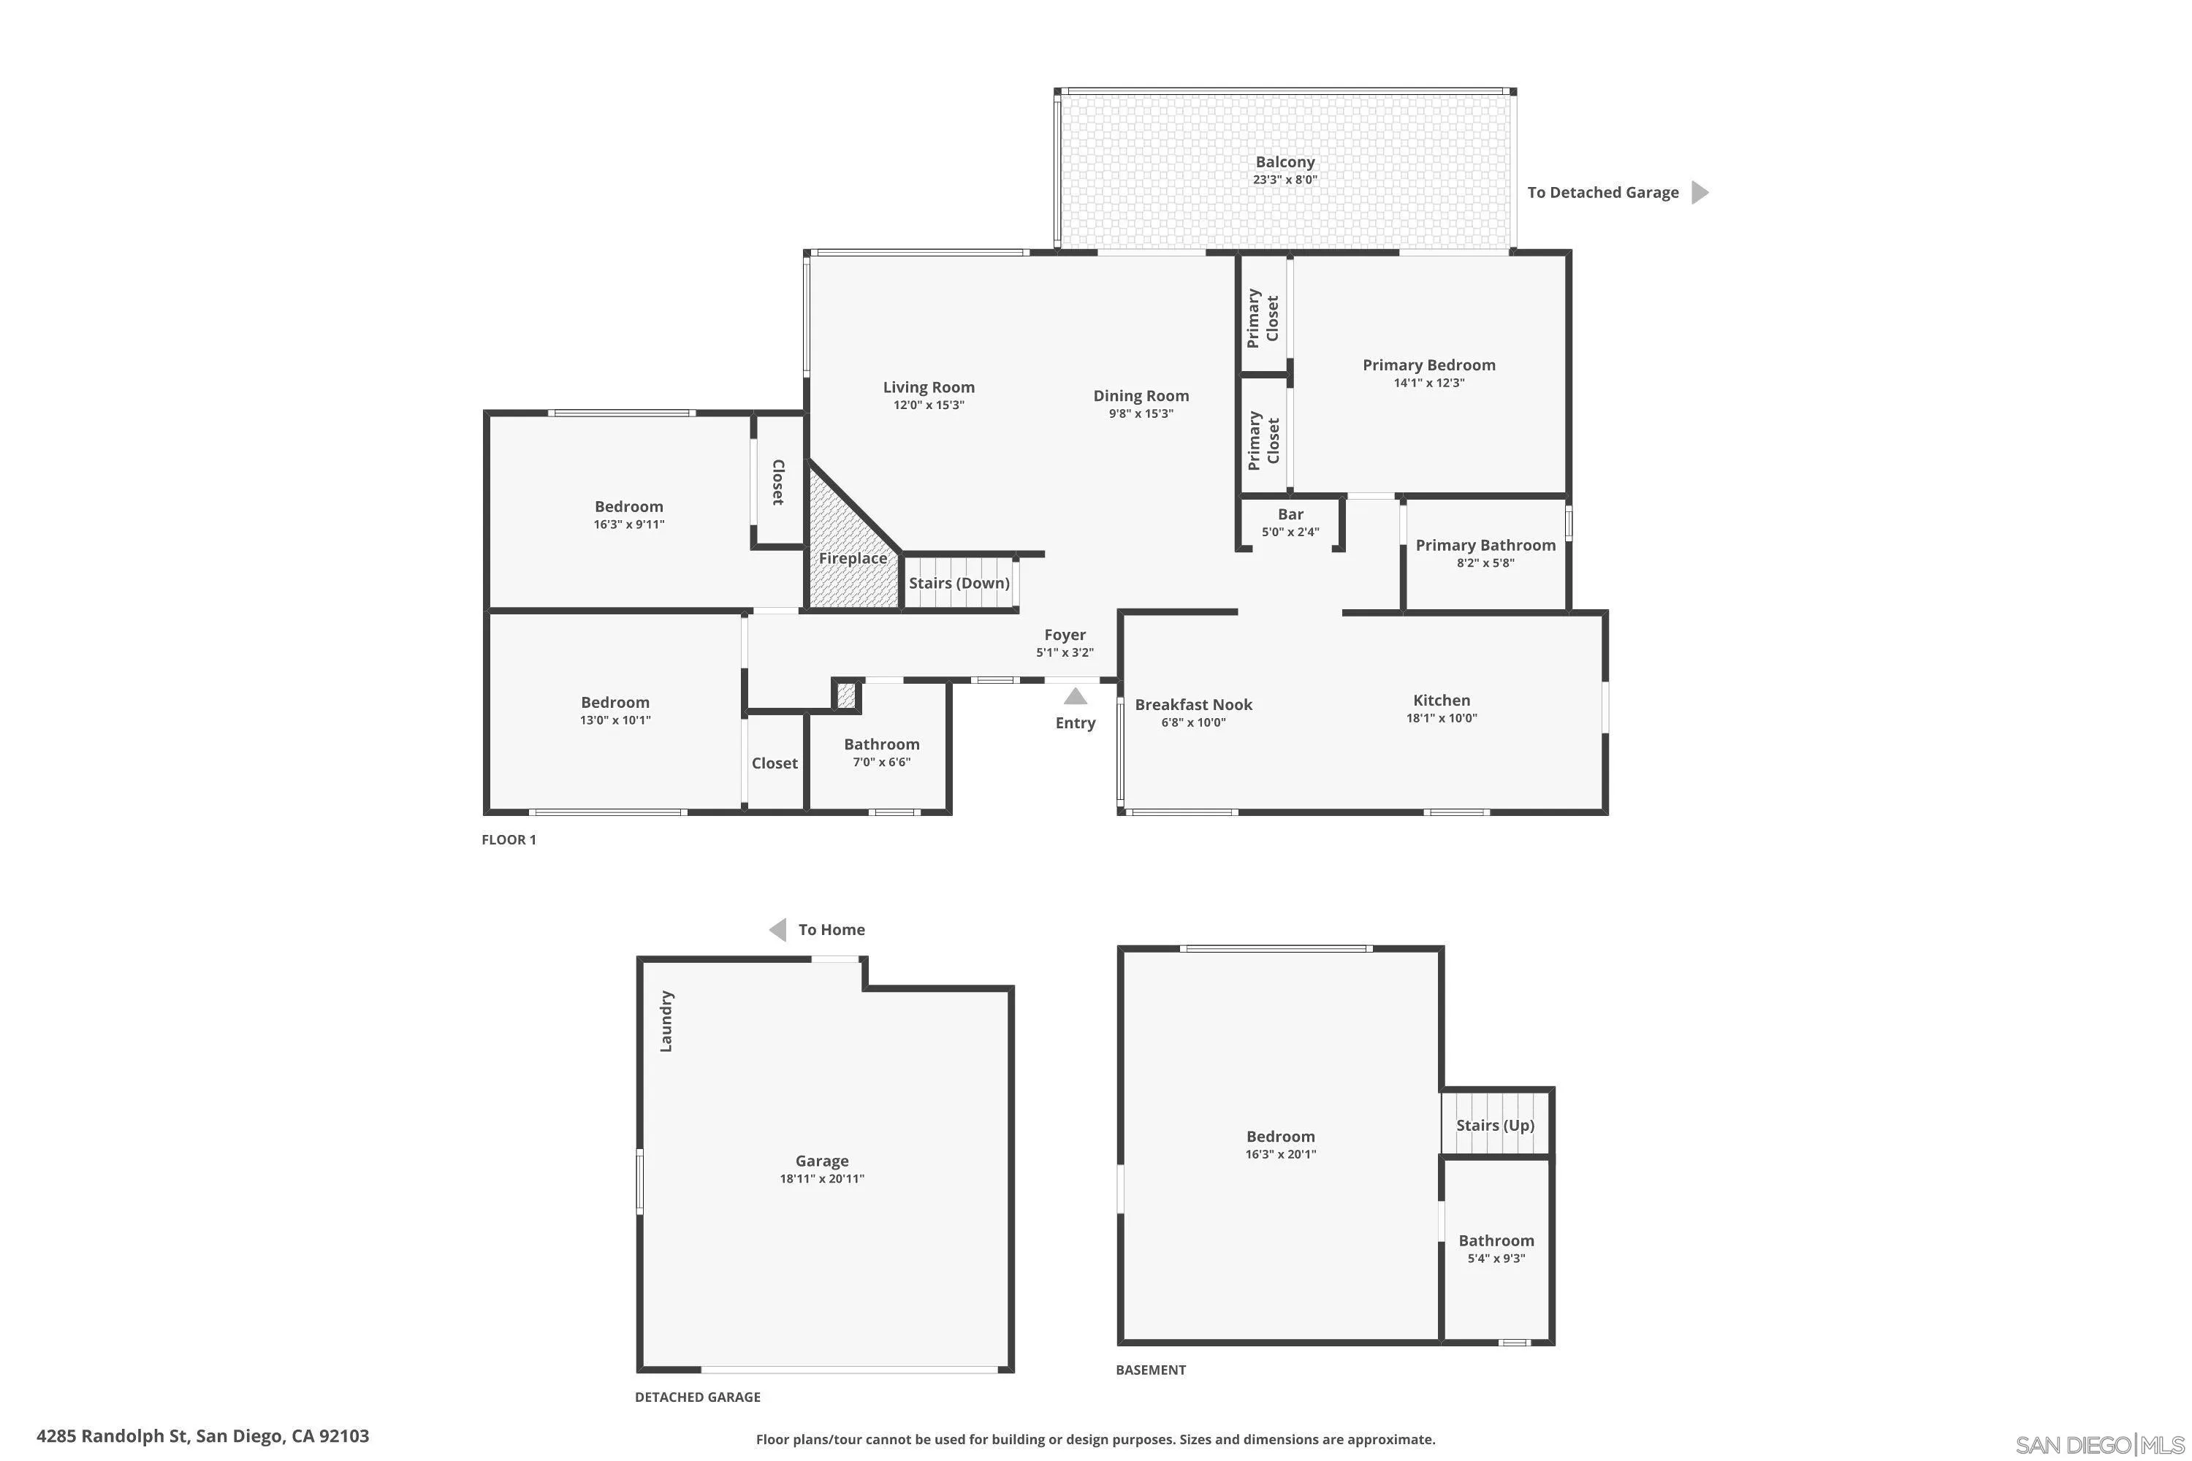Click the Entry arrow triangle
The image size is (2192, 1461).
(1076, 696)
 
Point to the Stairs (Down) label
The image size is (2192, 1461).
(959, 583)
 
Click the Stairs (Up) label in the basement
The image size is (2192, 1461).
(1495, 1126)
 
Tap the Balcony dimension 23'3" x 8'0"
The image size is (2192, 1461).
(1285, 180)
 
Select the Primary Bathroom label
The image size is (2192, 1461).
(1485, 545)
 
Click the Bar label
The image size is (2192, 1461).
(1291, 514)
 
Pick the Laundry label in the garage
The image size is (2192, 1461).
(666, 1021)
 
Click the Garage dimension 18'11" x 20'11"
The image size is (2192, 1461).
(822, 1179)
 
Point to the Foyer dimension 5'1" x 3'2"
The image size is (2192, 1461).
(1065, 653)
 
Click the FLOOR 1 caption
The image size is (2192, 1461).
(509, 839)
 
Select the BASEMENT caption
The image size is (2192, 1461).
(1151, 1370)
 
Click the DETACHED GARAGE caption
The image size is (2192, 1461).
(697, 1397)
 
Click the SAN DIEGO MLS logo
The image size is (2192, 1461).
(2101, 1445)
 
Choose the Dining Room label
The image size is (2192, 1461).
(1141, 396)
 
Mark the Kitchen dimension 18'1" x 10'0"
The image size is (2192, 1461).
(1442, 718)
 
